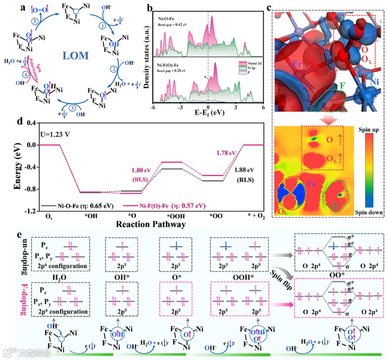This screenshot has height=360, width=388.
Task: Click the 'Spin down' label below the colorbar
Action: pos(368,213)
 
